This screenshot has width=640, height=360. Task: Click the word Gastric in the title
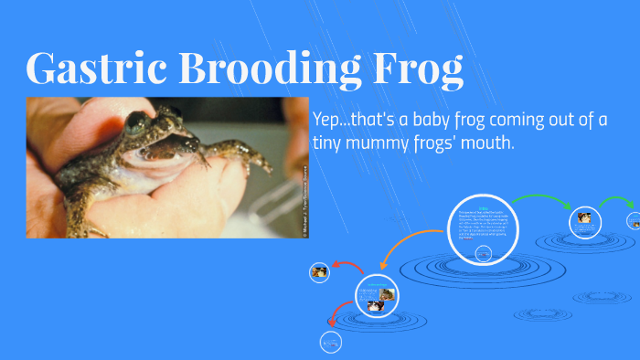[x=89, y=69]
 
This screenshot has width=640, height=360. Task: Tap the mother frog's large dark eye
[x=138, y=121]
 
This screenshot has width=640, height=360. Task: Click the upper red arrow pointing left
[x=348, y=268]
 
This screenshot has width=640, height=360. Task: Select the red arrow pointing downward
[x=338, y=318]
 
